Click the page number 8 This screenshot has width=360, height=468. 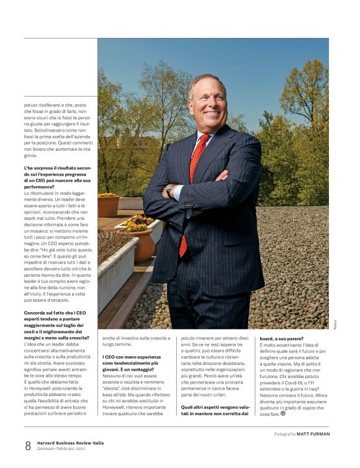click(x=28, y=445)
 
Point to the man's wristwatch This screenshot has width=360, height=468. click(x=170, y=191)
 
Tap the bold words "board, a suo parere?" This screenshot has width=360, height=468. click(x=286, y=339)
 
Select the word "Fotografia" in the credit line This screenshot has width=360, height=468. click(x=284, y=434)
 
